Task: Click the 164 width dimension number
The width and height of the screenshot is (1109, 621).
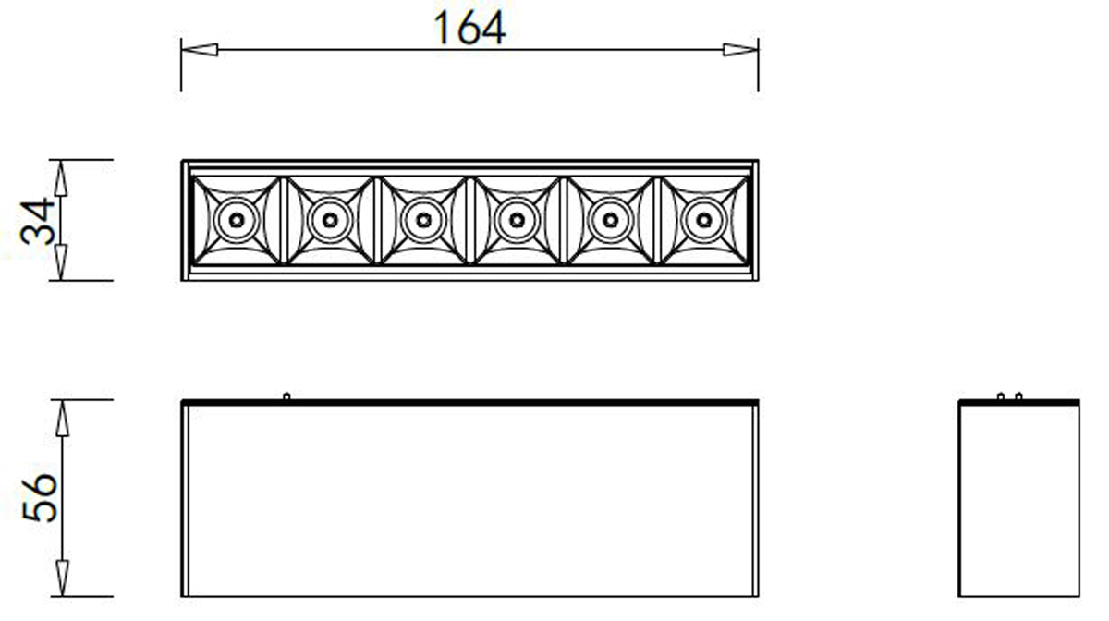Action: [469, 29]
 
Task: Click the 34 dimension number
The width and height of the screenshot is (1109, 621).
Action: [39, 221]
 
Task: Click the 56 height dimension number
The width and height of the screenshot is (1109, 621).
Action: [39, 498]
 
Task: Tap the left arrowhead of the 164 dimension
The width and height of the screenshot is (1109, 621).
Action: [199, 49]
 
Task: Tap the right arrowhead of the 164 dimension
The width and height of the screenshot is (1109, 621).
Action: [740, 49]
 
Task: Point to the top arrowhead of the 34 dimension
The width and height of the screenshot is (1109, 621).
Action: [61, 177]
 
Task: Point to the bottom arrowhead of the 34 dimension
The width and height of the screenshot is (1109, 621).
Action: [61, 262]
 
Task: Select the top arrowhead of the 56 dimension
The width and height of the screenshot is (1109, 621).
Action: [62, 418]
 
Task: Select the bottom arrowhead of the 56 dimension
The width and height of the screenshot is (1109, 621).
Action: [62, 578]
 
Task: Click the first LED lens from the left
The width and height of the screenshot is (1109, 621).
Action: [236, 220]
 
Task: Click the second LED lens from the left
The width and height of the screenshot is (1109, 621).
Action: [329, 220]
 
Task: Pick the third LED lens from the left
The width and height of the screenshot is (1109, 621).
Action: [423, 220]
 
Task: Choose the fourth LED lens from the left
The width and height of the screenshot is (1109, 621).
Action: [517, 220]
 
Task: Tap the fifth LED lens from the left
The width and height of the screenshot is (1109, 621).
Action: [610, 220]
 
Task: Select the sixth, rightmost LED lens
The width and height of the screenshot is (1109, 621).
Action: [704, 220]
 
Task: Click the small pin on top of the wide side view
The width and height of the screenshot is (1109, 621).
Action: [286, 396]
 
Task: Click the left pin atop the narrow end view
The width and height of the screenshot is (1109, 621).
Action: [1000, 396]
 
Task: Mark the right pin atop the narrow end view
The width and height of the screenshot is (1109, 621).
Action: [1018, 396]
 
